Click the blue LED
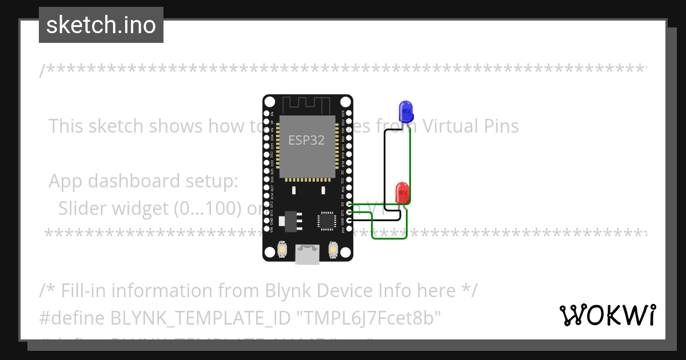pyautogui.click(x=406, y=111)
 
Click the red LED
pyautogui.click(x=402, y=193)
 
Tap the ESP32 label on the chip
pyautogui.click(x=306, y=140)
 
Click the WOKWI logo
pyautogui.click(x=607, y=315)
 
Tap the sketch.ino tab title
pyautogui.click(x=101, y=25)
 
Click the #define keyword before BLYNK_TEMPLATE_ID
pyautogui.click(x=72, y=318)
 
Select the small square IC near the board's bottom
pyautogui.click(x=327, y=220)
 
